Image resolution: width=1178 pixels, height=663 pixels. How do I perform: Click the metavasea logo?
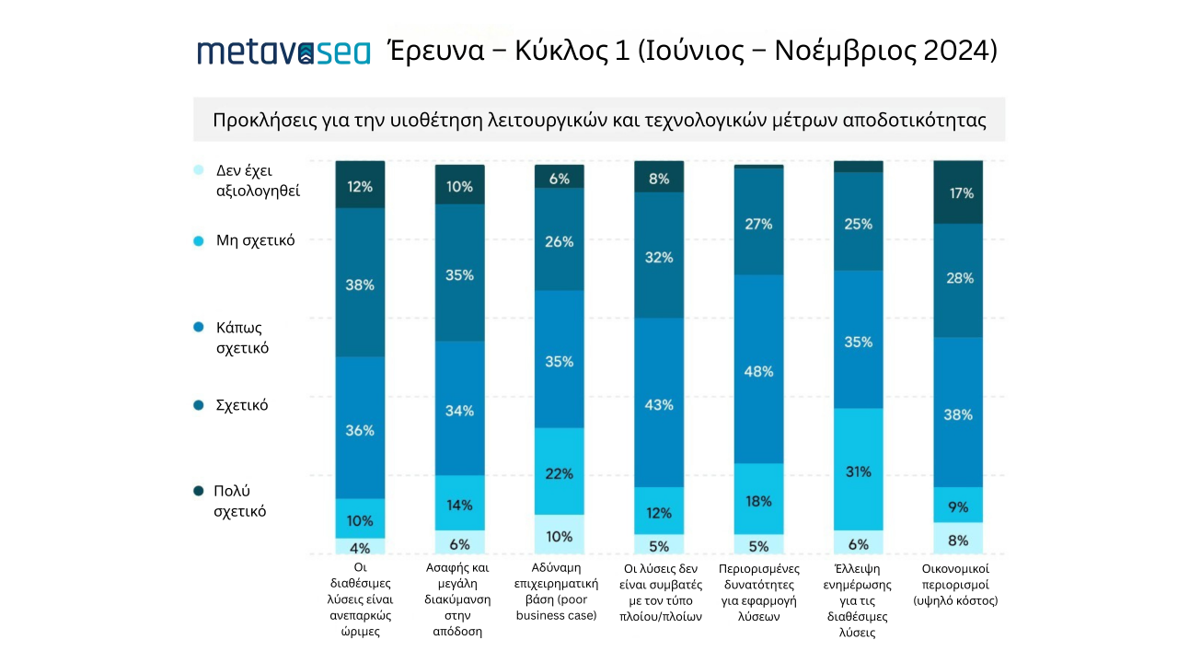tap(283, 51)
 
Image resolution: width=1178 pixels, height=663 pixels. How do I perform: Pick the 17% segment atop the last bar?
tap(958, 192)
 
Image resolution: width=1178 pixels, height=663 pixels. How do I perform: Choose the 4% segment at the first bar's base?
tap(360, 546)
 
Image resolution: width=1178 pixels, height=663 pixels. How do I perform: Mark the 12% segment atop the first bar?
tap(360, 185)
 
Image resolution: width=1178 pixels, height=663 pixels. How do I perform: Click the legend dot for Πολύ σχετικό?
tap(198, 491)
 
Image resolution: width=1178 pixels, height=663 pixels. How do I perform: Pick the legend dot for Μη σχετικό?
tap(198, 240)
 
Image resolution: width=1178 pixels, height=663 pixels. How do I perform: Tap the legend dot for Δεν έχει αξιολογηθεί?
tap(198, 169)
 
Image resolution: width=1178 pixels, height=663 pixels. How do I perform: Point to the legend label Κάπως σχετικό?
tap(242, 338)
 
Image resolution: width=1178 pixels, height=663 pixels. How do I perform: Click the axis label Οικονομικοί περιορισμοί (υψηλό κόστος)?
tap(958, 584)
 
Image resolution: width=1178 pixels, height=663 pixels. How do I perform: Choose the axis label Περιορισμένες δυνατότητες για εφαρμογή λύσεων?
tap(759, 592)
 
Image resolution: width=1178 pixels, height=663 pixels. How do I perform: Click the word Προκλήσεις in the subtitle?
tap(260, 121)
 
